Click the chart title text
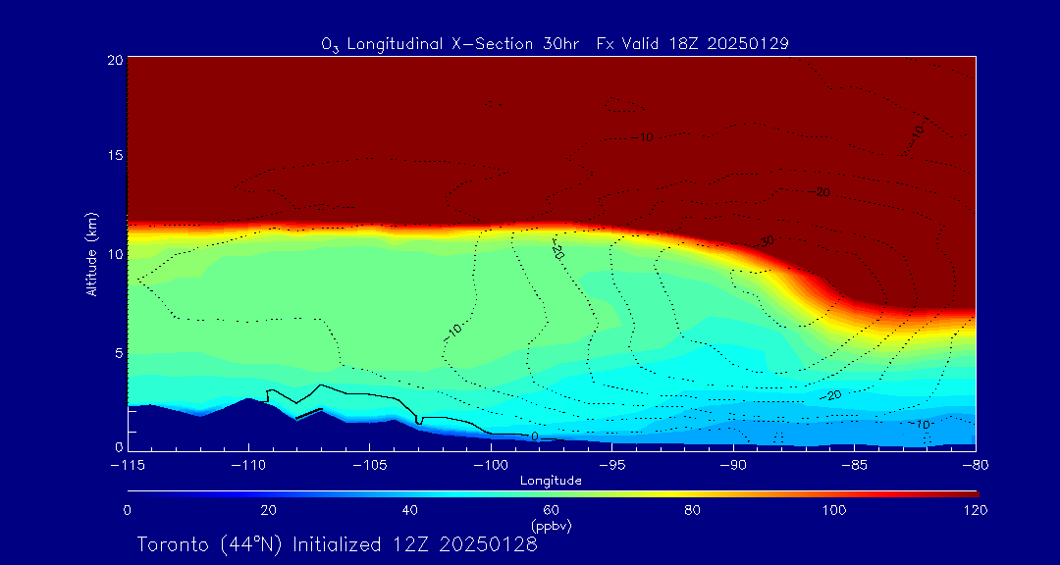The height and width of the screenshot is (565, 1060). pyautogui.click(x=555, y=43)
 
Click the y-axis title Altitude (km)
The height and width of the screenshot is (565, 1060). pyautogui.click(x=91, y=254)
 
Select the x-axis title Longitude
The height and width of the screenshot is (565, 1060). pyautogui.click(x=551, y=481)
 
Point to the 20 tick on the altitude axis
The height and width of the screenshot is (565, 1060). pyautogui.click(x=114, y=60)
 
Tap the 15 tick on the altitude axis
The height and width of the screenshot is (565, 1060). pyautogui.click(x=114, y=157)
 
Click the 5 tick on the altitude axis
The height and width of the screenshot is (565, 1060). pyautogui.click(x=117, y=352)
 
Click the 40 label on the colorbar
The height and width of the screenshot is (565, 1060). pyautogui.click(x=410, y=510)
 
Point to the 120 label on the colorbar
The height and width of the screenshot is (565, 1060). pyautogui.click(x=976, y=510)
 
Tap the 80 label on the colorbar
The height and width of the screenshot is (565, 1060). pyautogui.click(x=693, y=510)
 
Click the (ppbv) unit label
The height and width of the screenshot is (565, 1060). pyautogui.click(x=551, y=526)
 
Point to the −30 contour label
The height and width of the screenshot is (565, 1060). pyautogui.click(x=766, y=240)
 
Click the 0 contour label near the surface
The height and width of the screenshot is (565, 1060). pyautogui.click(x=534, y=436)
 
